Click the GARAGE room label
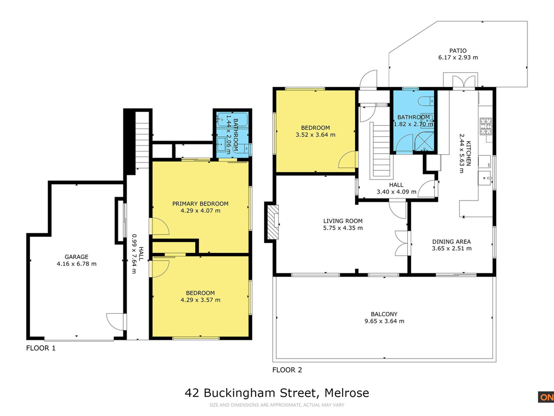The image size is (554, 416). pyautogui.click(x=76, y=257)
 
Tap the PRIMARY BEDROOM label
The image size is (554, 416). pyautogui.click(x=200, y=204)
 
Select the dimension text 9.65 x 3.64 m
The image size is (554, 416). pyautogui.click(x=384, y=321)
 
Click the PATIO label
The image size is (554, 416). pyautogui.click(x=458, y=51)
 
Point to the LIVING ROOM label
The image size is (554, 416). pyautogui.click(x=343, y=221)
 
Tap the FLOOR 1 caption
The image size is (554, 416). pyautogui.click(x=41, y=348)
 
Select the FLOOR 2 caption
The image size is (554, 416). pyautogui.click(x=287, y=370)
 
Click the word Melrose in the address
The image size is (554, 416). pyautogui.click(x=347, y=393)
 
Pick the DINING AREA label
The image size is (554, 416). pyautogui.click(x=451, y=242)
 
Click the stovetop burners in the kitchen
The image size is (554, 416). pyautogui.click(x=486, y=126)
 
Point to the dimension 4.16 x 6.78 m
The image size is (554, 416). pyautogui.click(x=76, y=264)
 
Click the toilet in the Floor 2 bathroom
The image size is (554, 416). pyautogui.click(x=426, y=101)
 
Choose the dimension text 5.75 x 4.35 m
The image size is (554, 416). pyautogui.click(x=343, y=228)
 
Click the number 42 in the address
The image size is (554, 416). pyautogui.click(x=192, y=393)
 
